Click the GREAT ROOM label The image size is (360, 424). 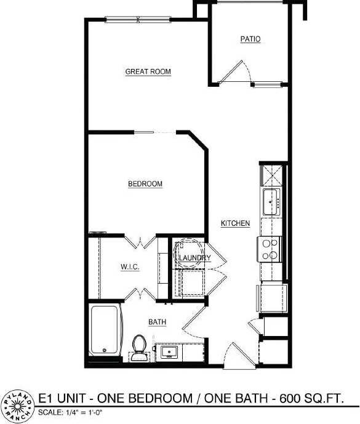click(x=148, y=72)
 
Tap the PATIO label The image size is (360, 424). click(x=250, y=39)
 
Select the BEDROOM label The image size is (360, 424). click(x=145, y=184)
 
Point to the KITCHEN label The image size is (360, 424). click(x=235, y=223)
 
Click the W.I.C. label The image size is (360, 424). click(x=129, y=267)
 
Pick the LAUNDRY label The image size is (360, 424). click(x=195, y=258)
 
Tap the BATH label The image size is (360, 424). click(x=156, y=322)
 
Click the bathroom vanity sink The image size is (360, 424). click(x=167, y=353)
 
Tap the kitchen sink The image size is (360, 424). click(x=271, y=201)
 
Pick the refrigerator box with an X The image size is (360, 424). click(x=271, y=175)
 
